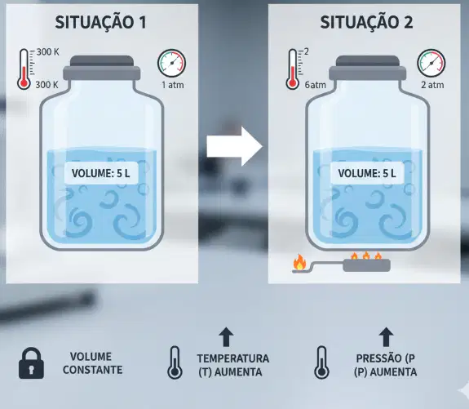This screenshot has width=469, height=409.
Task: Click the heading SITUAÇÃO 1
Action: tap(101, 23)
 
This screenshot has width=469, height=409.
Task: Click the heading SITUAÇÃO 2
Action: tap(366, 23)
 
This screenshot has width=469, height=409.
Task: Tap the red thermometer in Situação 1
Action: tap(24, 69)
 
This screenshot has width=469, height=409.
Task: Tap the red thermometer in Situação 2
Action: tap(293, 69)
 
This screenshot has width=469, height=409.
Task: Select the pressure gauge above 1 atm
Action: tap(171, 63)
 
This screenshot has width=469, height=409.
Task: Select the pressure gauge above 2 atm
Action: tap(431, 63)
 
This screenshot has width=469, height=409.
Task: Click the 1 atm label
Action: tap(173, 85)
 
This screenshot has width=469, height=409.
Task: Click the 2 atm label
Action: tap(432, 85)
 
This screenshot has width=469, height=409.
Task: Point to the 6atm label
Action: tap(316, 85)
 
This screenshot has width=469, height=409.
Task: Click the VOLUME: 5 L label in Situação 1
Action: tap(101, 173)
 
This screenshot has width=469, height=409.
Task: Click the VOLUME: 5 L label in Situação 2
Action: tap(367, 173)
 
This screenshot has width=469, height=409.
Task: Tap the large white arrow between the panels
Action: tap(235, 146)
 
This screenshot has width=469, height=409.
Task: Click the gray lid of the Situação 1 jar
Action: tap(102, 68)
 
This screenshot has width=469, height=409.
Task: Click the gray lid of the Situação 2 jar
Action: tap(368, 68)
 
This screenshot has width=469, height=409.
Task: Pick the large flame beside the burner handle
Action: tap(299, 262)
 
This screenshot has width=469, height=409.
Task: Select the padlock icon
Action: tap(32, 363)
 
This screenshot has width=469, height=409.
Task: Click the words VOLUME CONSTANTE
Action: tap(92, 363)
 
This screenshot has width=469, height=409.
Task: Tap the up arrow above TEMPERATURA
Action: tap(226, 337)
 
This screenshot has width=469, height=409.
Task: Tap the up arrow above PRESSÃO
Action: tap(386, 337)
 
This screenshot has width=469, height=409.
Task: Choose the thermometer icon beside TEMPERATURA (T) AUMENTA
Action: tap(175, 362)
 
